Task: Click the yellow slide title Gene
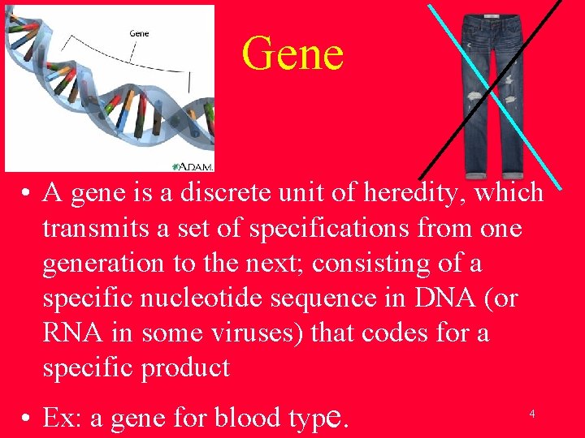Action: (292, 54)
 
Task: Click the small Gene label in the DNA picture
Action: (139, 33)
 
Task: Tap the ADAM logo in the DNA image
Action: (194, 165)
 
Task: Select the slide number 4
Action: (531, 414)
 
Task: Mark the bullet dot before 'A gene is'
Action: (27, 194)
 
